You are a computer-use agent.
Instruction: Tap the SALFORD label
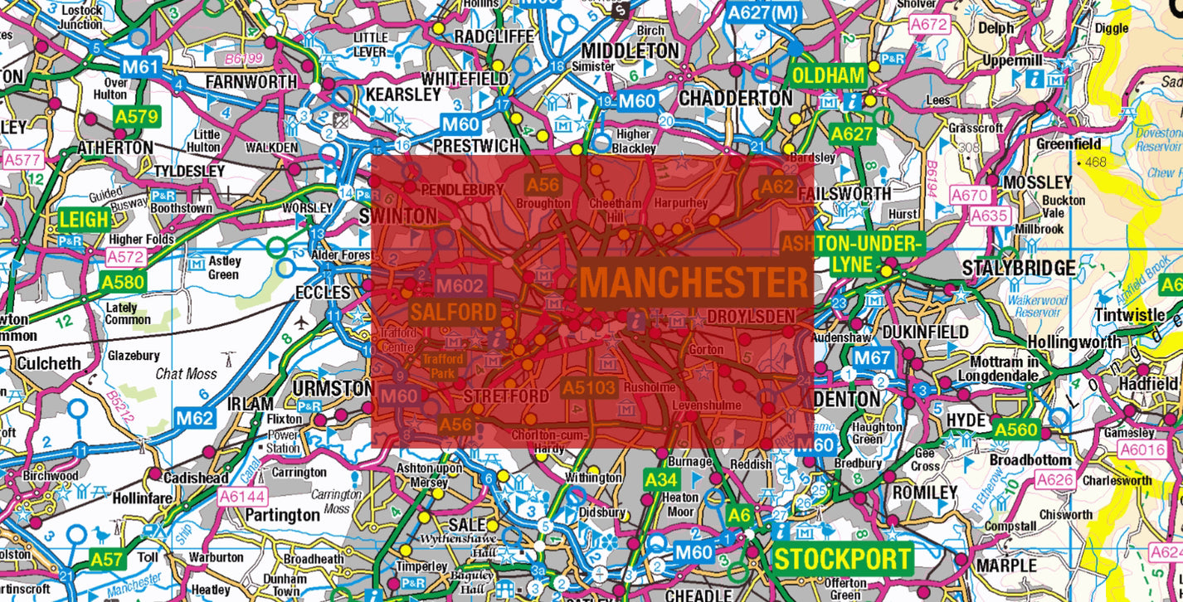pos(454,313)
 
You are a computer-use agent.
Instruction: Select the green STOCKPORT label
pos(842,558)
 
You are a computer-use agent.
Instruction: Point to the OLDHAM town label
pos(828,75)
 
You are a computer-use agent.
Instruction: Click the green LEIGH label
pos(85,220)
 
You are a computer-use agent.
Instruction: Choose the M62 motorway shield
pos(194,418)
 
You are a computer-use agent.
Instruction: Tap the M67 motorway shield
pos(873,358)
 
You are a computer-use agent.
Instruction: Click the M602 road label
pos(459,286)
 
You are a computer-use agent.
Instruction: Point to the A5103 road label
pos(589,387)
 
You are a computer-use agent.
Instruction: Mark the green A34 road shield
pos(662,479)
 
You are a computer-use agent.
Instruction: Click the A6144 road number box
pos(241,496)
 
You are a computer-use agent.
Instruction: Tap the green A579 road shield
pos(137,117)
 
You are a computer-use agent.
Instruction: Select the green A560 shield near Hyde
pos(1015,430)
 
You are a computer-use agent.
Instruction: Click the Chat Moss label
pos(187,373)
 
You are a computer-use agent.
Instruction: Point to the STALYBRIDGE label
pos(1019,269)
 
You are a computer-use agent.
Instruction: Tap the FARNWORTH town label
pos(251,82)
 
